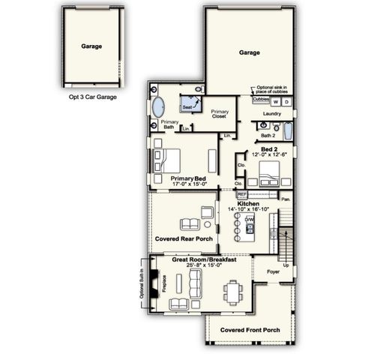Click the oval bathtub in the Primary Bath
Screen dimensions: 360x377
click(161, 106)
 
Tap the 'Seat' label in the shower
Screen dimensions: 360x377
click(187, 107)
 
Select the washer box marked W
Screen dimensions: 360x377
click(276, 100)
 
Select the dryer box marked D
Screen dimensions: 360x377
click(286, 100)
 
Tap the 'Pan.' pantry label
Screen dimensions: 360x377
click(285, 199)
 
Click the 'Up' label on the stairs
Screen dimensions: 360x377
click(286, 265)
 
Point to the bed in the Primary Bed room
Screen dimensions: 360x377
click(169, 160)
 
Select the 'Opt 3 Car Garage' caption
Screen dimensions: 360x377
click(91, 96)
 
